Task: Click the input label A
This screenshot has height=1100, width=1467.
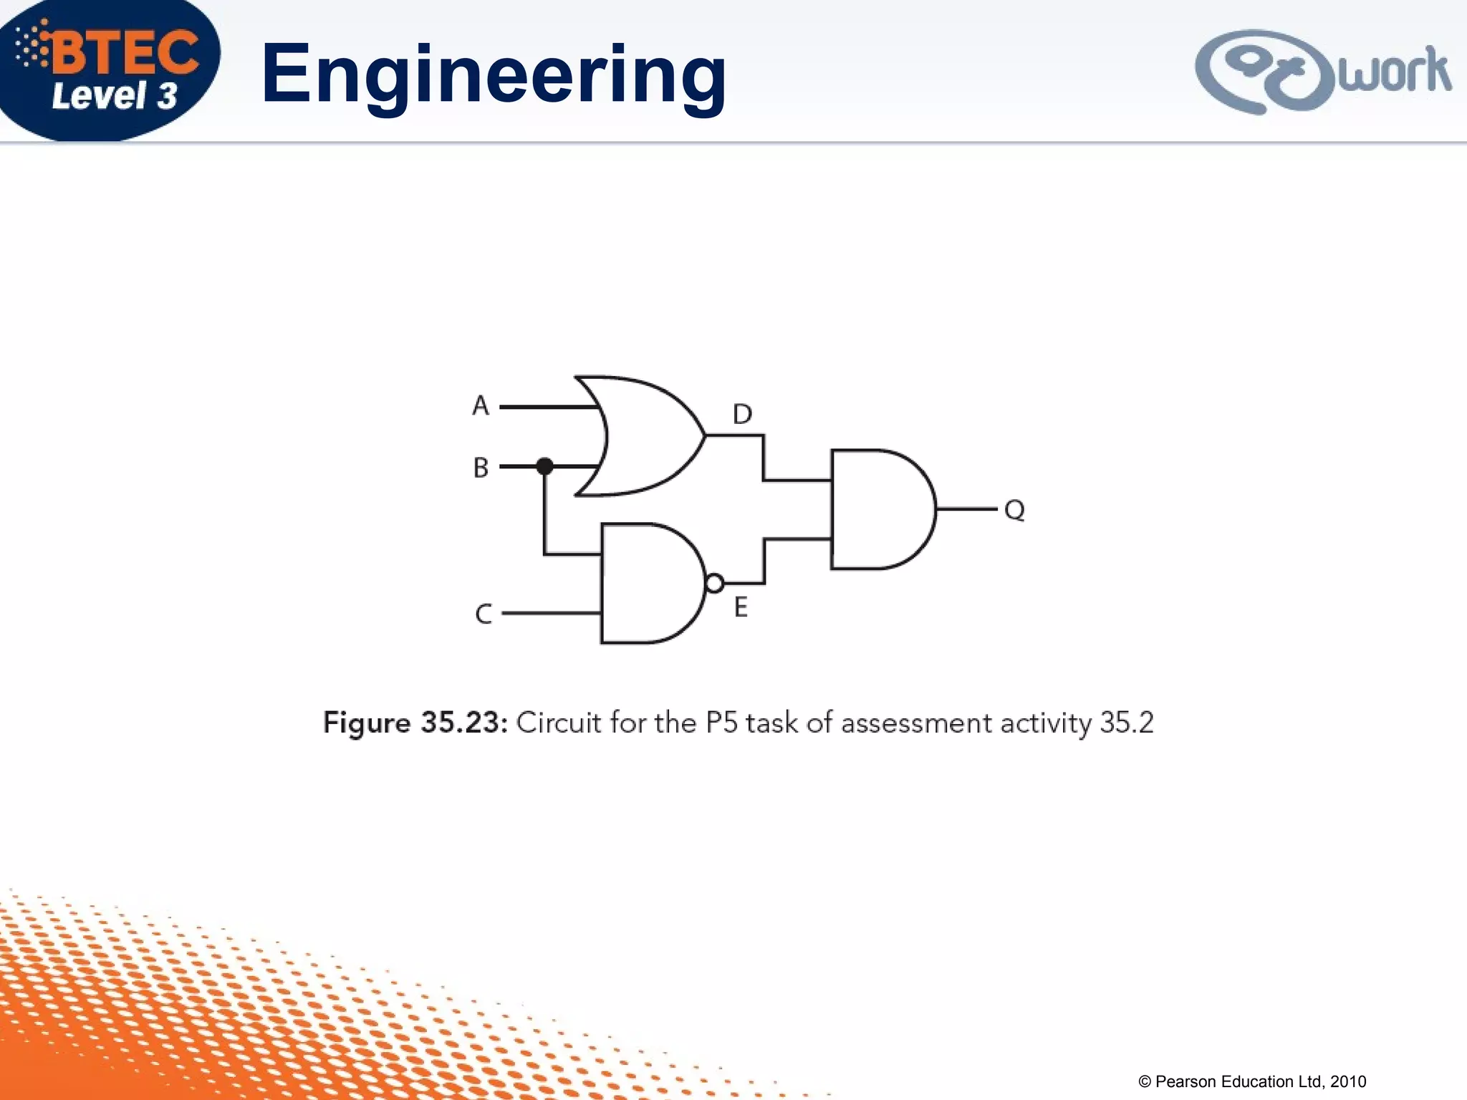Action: click(x=481, y=406)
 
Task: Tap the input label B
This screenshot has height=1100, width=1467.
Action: click(x=481, y=468)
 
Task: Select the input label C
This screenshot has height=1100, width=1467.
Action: click(x=484, y=614)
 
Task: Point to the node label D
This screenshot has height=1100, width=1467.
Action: click(x=742, y=414)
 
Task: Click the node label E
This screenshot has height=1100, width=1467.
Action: click(x=741, y=607)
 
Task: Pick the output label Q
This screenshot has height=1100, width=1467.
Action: click(x=1014, y=510)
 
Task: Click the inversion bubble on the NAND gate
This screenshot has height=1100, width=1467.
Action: click(x=714, y=584)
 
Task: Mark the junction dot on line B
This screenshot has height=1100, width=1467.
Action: click(x=544, y=466)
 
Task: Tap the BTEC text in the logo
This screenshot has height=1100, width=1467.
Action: click(x=125, y=52)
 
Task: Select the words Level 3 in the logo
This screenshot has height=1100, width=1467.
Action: click(x=115, y=96)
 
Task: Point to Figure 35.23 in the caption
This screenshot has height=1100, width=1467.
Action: click(x=415, y=723)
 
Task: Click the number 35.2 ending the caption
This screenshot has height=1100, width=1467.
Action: click(x=1126, y=723)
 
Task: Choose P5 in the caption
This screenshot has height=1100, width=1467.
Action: click(x=721, y=723)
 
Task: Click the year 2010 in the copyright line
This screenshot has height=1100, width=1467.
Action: click(x=1348, y=1081)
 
